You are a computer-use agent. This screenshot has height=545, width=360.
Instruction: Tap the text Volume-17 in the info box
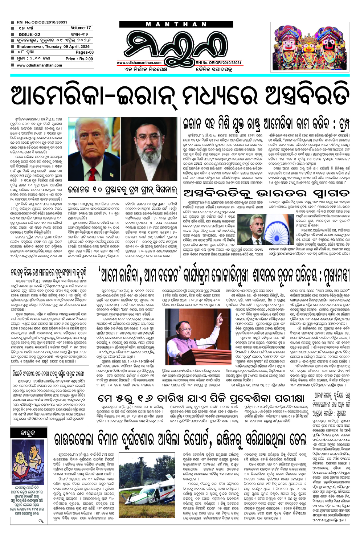coord(81,28)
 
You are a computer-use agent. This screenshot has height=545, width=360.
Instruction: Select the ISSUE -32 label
coord(29,34)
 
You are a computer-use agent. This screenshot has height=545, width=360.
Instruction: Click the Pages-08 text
coord(84,52)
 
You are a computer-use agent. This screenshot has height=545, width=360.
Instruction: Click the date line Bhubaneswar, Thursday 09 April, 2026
coord(53,46)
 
